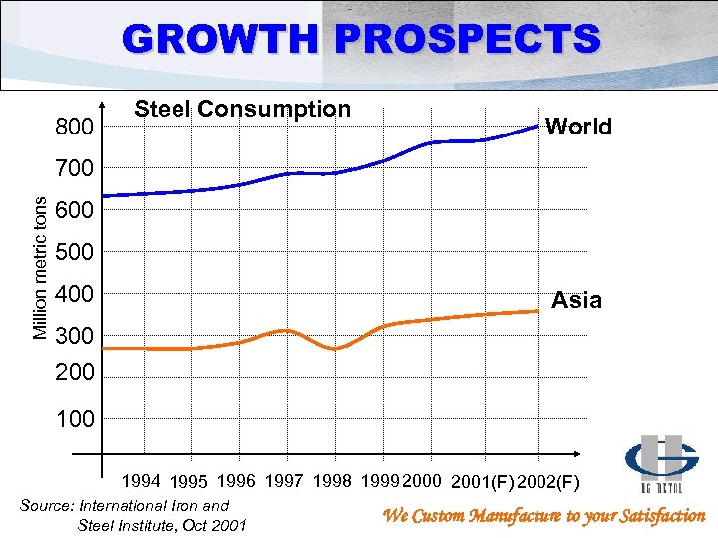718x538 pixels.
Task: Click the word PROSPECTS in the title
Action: click(469, 39)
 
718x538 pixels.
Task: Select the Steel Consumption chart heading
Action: click(242, 109)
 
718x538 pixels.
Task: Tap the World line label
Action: click(579, 127)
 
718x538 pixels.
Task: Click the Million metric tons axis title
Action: click(40, 265)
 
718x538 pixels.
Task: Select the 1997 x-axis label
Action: click(286, 482)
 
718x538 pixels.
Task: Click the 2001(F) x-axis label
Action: click(482, 483)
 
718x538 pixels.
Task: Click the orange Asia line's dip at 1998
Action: click(336, 348)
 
